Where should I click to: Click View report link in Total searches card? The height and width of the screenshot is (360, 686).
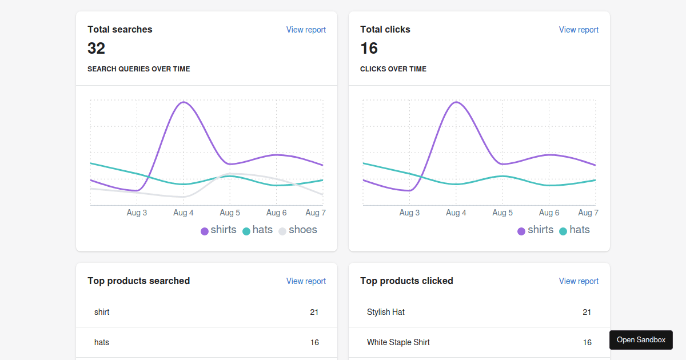click(x=306, y=30)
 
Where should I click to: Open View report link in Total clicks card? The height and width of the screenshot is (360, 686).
click(x=579, y=30)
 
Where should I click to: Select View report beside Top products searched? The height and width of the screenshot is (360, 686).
click(x=306, y=281)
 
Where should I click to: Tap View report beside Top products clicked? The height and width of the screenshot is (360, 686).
click(x=579, y=281)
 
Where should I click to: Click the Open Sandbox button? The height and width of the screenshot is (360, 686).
click(x=641, y=340)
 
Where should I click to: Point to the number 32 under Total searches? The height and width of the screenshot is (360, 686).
click(x=96, y=49)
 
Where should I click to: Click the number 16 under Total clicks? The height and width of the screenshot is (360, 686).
click(x=369, y=49)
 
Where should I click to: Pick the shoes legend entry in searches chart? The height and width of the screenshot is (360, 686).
click(x=298, y=230)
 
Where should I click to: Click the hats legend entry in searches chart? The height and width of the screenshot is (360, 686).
click(x=258, y=230)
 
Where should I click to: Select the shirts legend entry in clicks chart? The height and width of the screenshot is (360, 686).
click(x=535, y=230)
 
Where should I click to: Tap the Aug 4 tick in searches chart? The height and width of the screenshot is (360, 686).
click(x=184, y=213)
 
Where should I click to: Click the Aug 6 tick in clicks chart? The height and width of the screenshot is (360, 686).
click(x=549, y=213)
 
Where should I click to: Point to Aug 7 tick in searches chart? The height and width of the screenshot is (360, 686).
click(x=316, y=213)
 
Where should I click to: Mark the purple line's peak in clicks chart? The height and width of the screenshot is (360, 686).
click(x=456, y=102)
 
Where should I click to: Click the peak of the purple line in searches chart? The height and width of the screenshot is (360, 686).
click(x=184, y=102)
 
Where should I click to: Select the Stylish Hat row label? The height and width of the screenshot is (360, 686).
click(x=386, y=312)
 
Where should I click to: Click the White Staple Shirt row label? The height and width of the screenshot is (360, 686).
click(x=398, y=342)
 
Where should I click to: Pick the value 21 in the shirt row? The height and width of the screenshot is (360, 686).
click(x=314, y=312)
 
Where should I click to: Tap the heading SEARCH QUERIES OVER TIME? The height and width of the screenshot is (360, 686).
click(x=139, y=69)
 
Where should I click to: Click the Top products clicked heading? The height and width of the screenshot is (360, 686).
click(x=406, y=281)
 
